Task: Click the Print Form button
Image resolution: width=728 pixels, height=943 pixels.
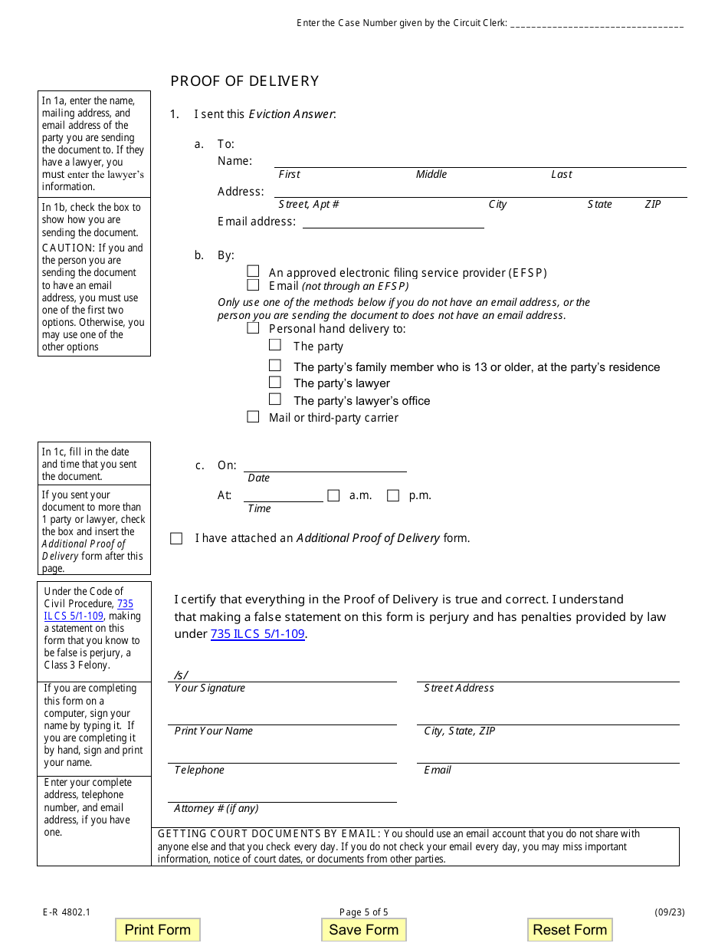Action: pos(157,929)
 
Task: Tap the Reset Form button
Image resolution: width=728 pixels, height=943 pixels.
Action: pos(569,929)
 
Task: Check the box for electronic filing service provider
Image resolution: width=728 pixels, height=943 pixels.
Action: pos(253,271)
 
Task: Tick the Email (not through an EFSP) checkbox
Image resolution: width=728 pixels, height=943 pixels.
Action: pos(253,285)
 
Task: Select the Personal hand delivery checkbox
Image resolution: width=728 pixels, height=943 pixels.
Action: pos(253,328)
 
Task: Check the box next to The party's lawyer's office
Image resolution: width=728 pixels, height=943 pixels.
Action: pos(275,399)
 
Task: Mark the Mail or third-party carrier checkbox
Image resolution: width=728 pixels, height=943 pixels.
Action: pos(253,417)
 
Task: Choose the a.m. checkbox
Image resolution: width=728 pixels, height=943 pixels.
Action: pos(333,495)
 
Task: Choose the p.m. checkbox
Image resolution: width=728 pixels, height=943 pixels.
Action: pos(393,495)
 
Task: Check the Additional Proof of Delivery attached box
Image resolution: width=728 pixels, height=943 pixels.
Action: pos(176,538)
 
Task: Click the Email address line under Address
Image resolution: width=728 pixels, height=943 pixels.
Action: pos(392,222)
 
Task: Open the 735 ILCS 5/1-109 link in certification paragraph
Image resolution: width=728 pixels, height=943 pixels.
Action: pos(257,634)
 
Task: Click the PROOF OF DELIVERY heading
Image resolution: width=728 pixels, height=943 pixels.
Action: pos(244,81)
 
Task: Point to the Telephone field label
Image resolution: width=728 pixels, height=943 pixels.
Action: pos(199,770)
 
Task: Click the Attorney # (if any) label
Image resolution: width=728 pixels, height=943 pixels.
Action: pos(216,808)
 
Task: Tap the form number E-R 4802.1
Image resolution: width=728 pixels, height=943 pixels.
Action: pos(67,912)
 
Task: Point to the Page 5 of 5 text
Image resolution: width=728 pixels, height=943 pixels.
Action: pos(364,912)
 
